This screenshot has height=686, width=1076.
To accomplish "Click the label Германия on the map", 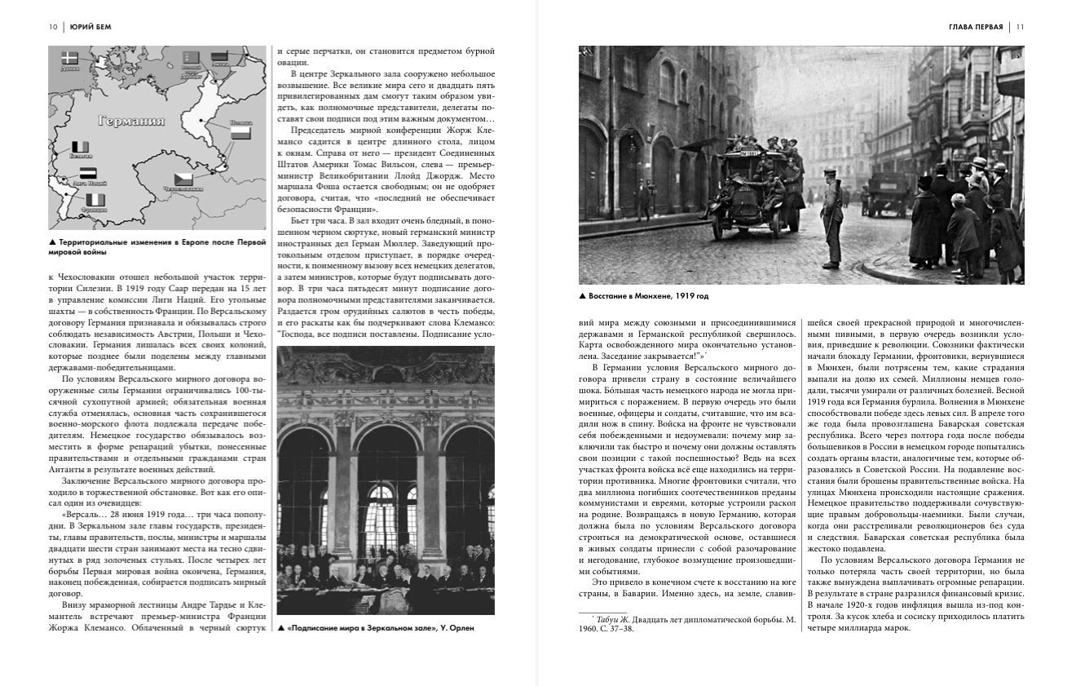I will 130,121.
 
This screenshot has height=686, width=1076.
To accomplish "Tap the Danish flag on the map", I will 69,57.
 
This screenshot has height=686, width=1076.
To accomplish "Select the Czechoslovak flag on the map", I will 182,179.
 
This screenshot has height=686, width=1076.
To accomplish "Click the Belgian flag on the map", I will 80,147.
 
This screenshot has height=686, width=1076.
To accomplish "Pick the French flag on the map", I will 96,199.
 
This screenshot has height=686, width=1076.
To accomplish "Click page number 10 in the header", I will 53,27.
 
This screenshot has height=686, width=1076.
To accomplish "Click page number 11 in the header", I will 1020,27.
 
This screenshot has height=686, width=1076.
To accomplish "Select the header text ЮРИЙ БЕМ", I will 90,27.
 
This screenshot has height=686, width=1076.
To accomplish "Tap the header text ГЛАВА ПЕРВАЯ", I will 976,27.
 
